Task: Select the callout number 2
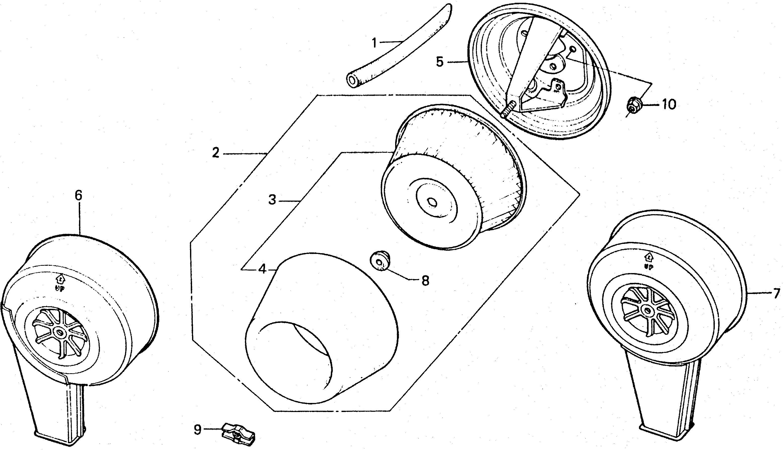pyautogui.click(x=216, y=153)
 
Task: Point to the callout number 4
pyautogui.click(x=262, y=270)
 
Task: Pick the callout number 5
pyautogui.click(x=439, y=62)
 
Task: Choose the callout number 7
pyautogui.click(x=777, y=293)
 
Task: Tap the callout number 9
pyautogui.click(x=198, y=429)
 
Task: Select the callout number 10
pyautogui.click(x=669, y=104)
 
